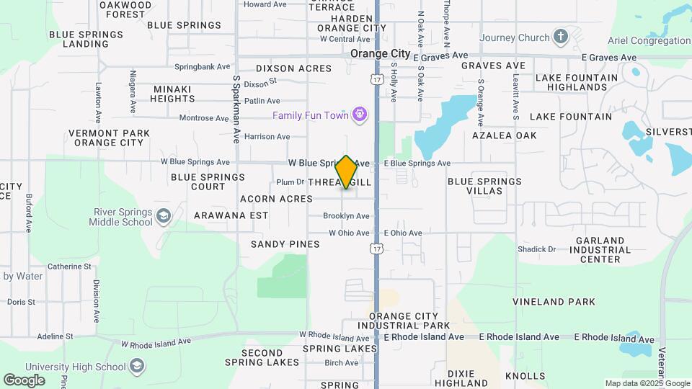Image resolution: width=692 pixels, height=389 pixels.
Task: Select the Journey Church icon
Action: (x=562, y=37)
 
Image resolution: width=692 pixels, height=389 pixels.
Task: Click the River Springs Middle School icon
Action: (x=164, y=216)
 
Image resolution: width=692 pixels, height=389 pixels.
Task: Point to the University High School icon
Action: (x=136, y=367)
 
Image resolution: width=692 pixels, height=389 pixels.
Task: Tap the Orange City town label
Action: (x=380, y=54)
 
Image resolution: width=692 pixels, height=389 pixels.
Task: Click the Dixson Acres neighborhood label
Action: (x=293, y=68)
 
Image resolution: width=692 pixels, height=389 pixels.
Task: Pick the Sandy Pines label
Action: (x=285, y=244)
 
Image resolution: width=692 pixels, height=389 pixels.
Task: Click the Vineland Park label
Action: (x=554, y=302)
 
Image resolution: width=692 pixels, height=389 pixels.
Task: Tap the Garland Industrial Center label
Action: (x=600, y=250)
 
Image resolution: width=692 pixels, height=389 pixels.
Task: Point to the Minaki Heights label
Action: (x=172, y=94)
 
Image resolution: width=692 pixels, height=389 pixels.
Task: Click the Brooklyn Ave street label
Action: (x=346, y=216)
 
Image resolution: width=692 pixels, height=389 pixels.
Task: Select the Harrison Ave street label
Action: (x=267, y=136)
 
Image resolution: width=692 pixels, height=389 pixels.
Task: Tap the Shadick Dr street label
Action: (x=536, y=249)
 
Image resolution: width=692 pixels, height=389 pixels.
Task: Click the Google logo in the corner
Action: (x=23, y=380)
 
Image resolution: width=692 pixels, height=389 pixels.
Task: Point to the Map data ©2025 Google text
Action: (x=647, y=384)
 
